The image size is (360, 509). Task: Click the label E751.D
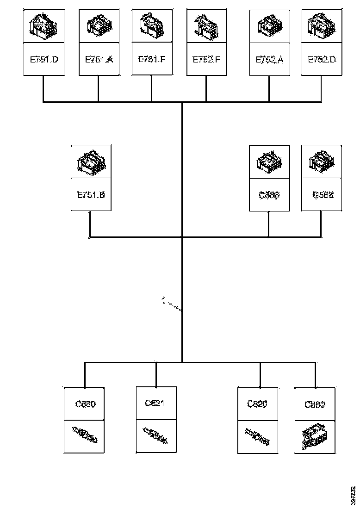coord(44,59)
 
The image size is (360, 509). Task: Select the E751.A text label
coord(99,59)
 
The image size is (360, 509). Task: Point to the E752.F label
coord(206,59)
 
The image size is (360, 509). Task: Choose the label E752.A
coord(269,60)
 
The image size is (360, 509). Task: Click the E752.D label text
coord(322,59)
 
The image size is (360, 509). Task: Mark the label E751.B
coord(91,195)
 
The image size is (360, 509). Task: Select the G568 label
coord(322,195)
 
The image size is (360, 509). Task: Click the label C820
coord(257,403)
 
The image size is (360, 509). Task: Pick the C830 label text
coord(85,404)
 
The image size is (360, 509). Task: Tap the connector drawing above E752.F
coord(206,25)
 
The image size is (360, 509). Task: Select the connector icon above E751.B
coord(91,161)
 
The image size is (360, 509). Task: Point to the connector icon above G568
coord(322,161)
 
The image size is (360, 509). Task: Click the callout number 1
coord(163,301)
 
